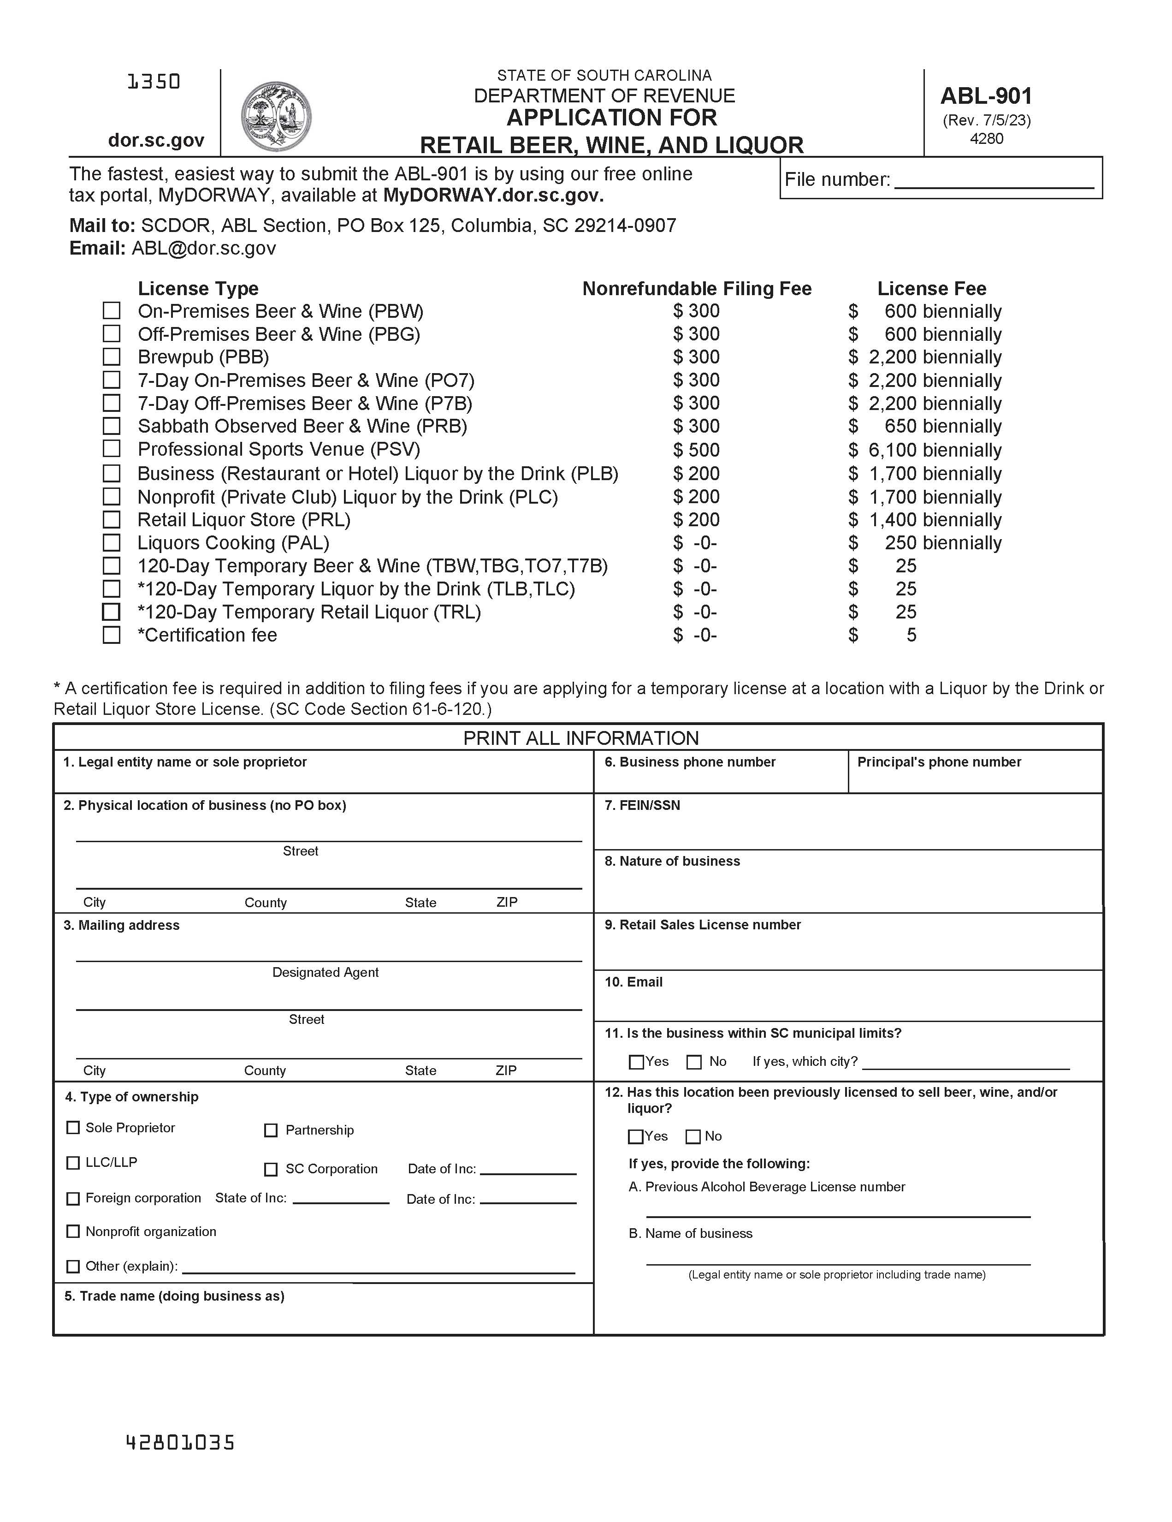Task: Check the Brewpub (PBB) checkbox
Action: coord(112,357)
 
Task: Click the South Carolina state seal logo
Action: coord(276,116)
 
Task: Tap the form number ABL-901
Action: coord(986,95)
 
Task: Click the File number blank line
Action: coord(994,183)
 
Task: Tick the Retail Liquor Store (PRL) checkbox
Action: coord(112,520)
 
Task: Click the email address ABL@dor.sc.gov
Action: coord(203,248)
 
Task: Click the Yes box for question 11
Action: coord(635,1062)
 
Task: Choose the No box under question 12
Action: coord(693,1136)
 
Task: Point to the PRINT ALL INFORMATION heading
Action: coord(580,738)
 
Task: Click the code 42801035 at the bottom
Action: coord(180,1443)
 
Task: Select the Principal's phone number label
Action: coord(939,762)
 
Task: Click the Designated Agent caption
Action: coord(326,972)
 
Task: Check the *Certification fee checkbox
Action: coord(112,635)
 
